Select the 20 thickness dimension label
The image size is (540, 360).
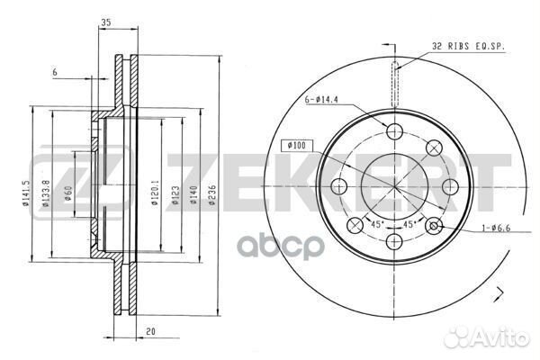pyautogui.click(x=148, y=330)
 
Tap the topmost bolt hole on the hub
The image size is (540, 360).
pyautogui.click(x=393, y=130)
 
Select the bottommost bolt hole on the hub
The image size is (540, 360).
pyautogui.click(x=393, y=242)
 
